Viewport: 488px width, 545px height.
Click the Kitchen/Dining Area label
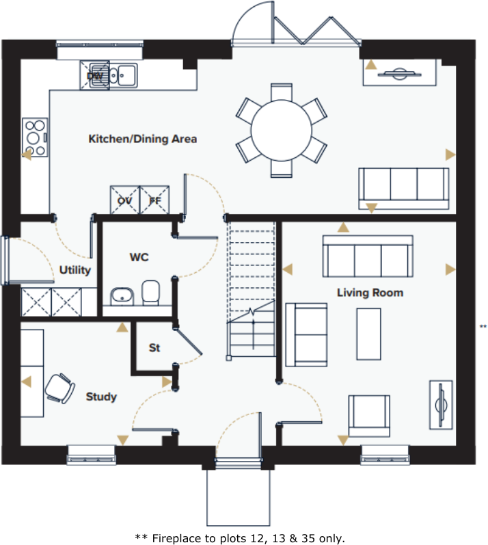click(x=142, y=139)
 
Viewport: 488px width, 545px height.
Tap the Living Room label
click(x=370, y=293)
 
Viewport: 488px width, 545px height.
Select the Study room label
click(x=101, y=397)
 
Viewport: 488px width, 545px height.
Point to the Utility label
click(x=74, y=270)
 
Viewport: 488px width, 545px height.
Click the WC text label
click(x=139, y=258)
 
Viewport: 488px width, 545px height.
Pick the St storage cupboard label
click(x=154, y=348)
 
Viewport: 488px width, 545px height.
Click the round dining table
click(x=280, y=130)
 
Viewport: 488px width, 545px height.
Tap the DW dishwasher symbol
click(x=96, y=75)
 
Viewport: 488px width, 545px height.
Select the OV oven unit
click(x=124, y=200)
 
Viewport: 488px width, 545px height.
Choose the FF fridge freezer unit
click(x=154, y=200)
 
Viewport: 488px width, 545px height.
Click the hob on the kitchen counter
click(x=35, y=137)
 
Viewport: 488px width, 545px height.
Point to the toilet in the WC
click(x=150, y=292)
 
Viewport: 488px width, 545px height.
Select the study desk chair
click(x=59, y=388)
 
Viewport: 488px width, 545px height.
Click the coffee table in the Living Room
click(x=368, y=334)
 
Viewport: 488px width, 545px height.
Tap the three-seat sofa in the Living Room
click(x=368, y=257)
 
